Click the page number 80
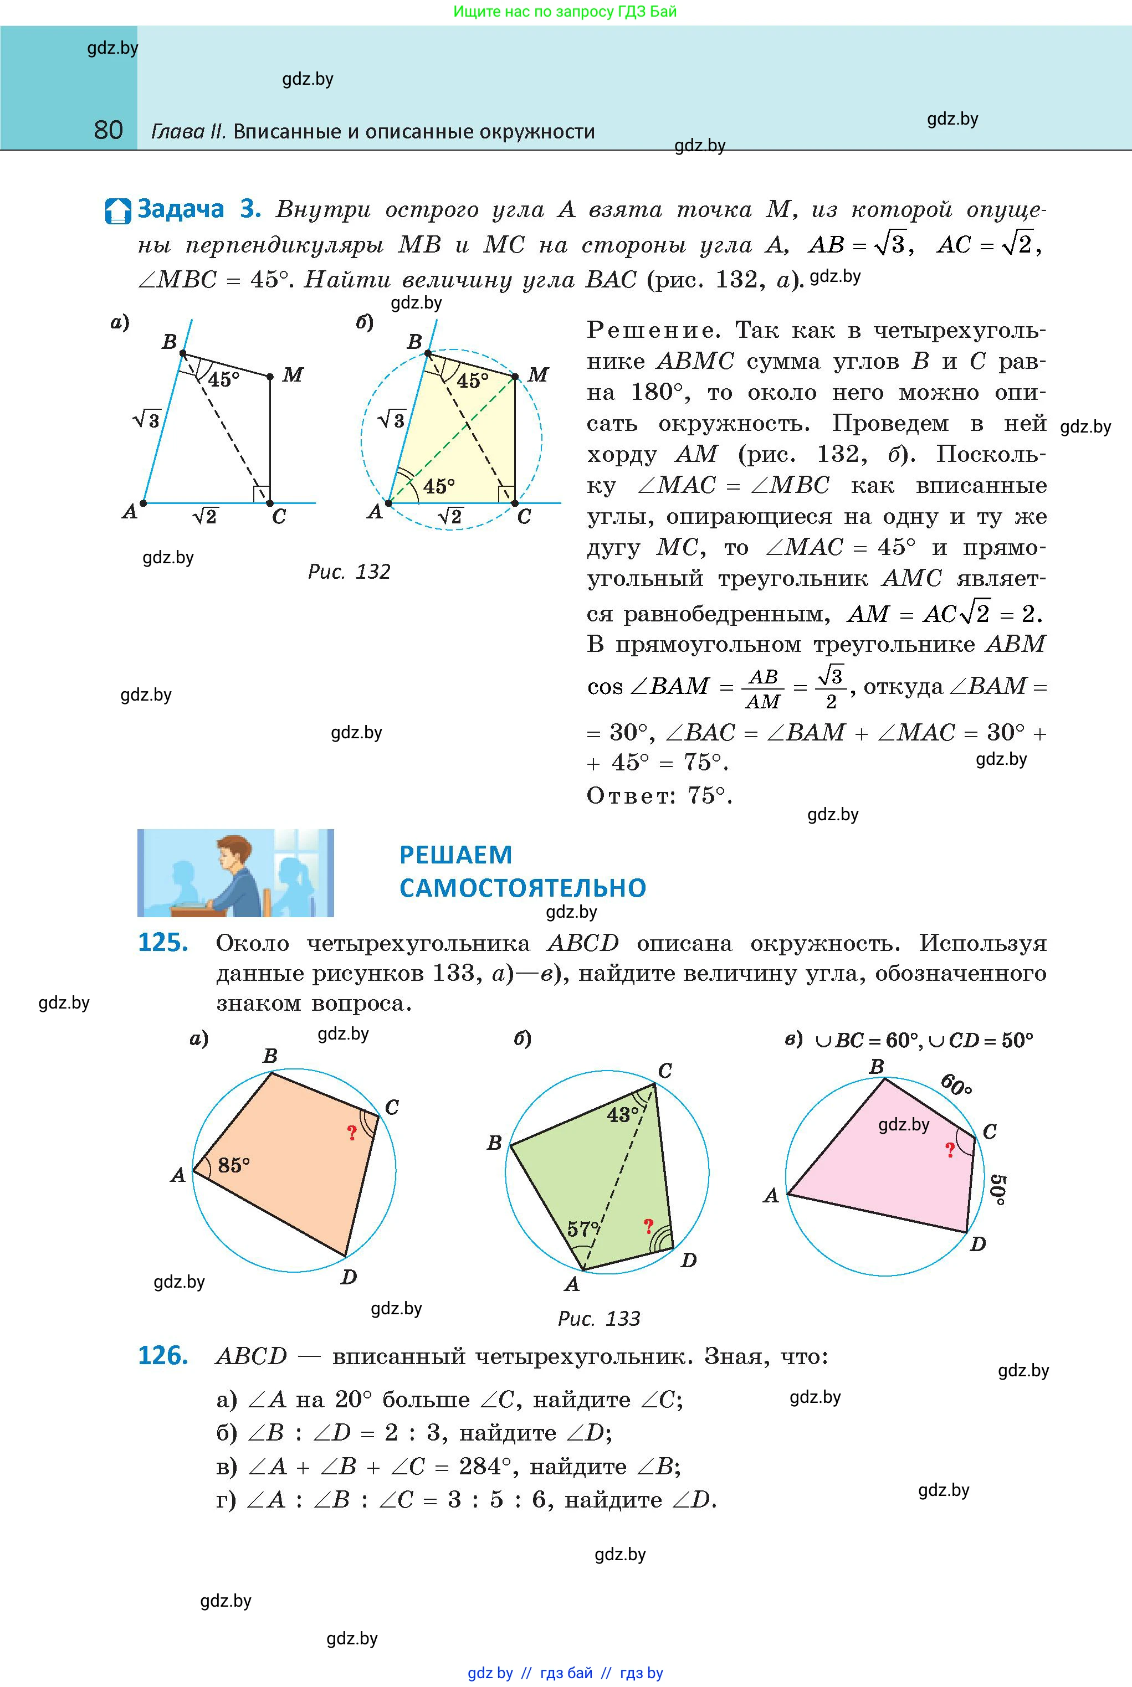108,130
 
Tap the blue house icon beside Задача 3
117,210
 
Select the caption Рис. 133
598,1318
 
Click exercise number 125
163,942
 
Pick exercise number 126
163,1356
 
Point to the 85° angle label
233,1165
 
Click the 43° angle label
622,1115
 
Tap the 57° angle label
582,1228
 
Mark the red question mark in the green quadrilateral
648,1225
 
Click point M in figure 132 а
270,377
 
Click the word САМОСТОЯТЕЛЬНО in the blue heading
523,887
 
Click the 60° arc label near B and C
956,1084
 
